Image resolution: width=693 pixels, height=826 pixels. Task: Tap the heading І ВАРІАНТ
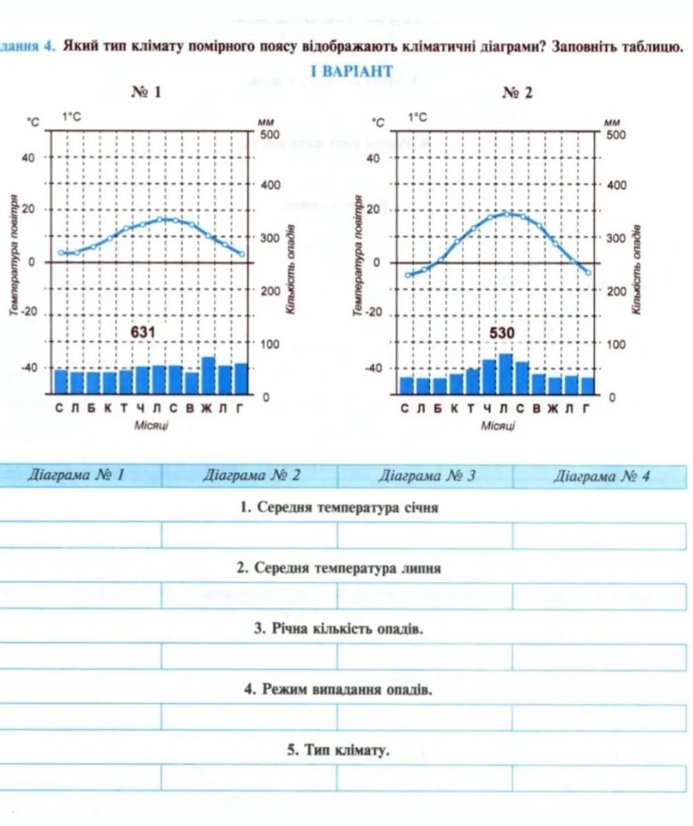(x=351, y=72)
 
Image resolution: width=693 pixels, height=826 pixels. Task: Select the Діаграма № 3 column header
(x=427, y=476)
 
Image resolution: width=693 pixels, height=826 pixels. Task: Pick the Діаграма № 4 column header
(x=602, y=476)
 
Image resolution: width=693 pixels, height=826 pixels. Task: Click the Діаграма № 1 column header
(x=75, y=476)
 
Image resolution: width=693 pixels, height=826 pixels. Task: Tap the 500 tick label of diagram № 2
(x=616, y=134)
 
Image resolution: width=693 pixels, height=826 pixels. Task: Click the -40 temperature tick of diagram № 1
(x=29, y=368)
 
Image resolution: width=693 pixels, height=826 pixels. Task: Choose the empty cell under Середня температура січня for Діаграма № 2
(x=249, y=535)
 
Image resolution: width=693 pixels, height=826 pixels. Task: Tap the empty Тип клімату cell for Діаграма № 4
(x=599, y=778)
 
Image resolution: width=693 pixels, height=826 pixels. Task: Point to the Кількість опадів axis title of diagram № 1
(x=291, y=268)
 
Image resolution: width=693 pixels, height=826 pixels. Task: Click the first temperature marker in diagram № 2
(x=408, y=275)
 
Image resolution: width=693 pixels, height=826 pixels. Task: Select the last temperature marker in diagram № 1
(x=241, y=254)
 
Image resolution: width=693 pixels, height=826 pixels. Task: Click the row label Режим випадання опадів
(x=338, y=689)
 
